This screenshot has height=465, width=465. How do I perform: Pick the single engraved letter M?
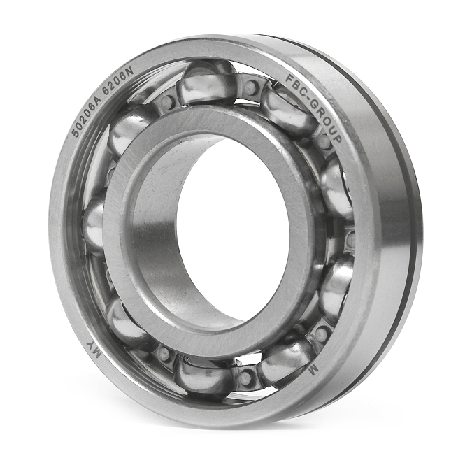click(x=313, y=370)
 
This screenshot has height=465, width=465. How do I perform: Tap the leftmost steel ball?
click(x=94, y=224)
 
